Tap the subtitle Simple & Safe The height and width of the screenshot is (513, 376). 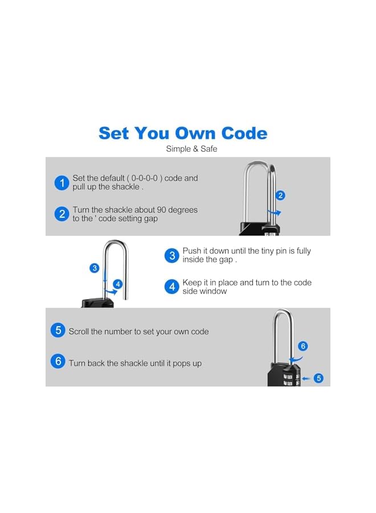tap(191, 149)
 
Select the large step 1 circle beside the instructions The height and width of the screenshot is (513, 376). tap(62, 183)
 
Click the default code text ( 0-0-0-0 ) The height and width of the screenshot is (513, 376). tap(148, 178)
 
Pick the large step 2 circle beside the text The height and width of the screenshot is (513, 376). tap(62, 214)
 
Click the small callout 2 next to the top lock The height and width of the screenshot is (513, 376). tap(280, 196)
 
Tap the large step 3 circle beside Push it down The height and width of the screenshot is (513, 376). tap(172, 255)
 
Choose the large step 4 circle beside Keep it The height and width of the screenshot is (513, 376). tap(172, 287)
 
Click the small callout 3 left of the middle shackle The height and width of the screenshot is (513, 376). tap(95, 268)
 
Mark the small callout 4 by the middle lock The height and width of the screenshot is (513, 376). tap(118, 284)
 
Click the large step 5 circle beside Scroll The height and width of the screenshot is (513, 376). tap(58, 331)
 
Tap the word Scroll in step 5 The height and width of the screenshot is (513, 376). tap(79, 331)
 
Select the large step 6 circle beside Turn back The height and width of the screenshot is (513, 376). tap(58, 362)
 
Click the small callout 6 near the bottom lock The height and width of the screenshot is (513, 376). tap(303, 346)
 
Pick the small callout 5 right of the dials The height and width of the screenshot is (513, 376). tap(318, 378)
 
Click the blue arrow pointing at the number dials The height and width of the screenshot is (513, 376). tap(306, 378)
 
